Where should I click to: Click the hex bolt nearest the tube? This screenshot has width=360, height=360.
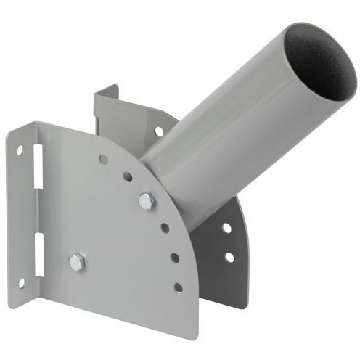(147, 201)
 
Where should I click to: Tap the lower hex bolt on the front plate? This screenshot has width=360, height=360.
(78, 262)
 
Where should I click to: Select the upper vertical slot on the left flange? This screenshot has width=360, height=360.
(37, 175)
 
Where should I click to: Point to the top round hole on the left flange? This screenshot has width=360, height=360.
(20, 151)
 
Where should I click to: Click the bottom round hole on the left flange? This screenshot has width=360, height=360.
(21, 282)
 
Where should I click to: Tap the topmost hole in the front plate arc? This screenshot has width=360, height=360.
(104, 158)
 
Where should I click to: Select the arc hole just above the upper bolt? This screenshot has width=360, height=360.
(128, 176)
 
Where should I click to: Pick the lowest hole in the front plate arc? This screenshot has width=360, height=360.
(178, 287)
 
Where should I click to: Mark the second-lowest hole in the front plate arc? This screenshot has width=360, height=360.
(174, 257)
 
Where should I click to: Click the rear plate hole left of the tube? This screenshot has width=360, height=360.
(158, 131)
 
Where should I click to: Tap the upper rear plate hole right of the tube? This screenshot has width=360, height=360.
(227, 228)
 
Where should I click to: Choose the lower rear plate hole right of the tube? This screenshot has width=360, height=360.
(229, 257)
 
